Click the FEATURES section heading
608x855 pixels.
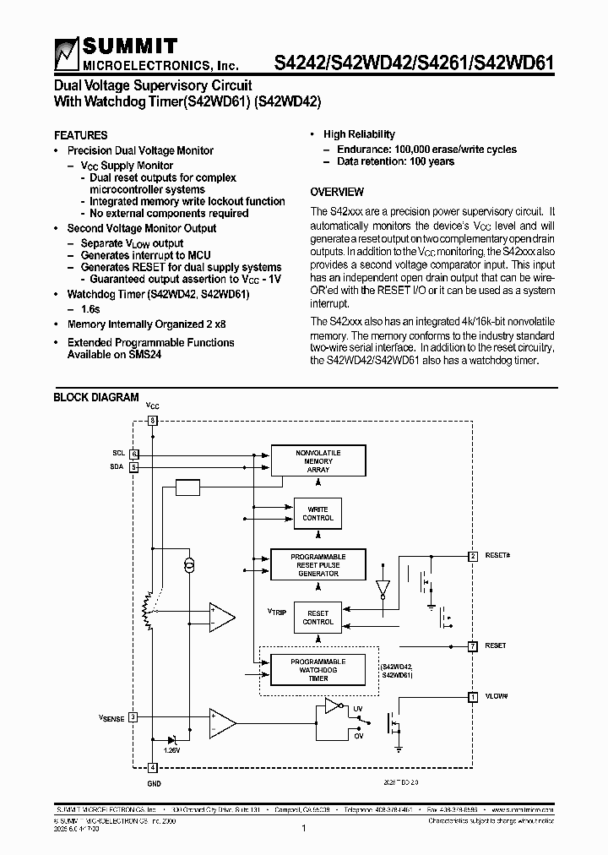click(x=80, y=135)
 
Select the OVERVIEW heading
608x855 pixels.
click(x=337, y=192)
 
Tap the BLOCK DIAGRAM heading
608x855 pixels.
click(x=96, y=397)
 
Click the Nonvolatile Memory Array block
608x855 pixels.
click(x=318, y=461)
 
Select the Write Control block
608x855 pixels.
click(x=318, y=514)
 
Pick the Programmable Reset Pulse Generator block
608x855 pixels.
click(x=318, y=565)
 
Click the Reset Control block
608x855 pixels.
click(x=318, y=618)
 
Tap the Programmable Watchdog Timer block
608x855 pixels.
click(x=318, y=669)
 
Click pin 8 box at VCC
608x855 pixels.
click(x=152, y=420)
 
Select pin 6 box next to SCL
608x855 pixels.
click(x=133, y=454)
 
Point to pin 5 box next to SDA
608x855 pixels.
click(x=133, y=466)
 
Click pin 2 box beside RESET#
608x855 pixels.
click(x=473, y=556)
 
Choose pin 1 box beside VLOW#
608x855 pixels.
click(x=473, y=696)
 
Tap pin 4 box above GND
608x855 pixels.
click(x=152, y=767)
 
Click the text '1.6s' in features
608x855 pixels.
click(x=90, y=310)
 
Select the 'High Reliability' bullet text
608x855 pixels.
click(x=359, y=134)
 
